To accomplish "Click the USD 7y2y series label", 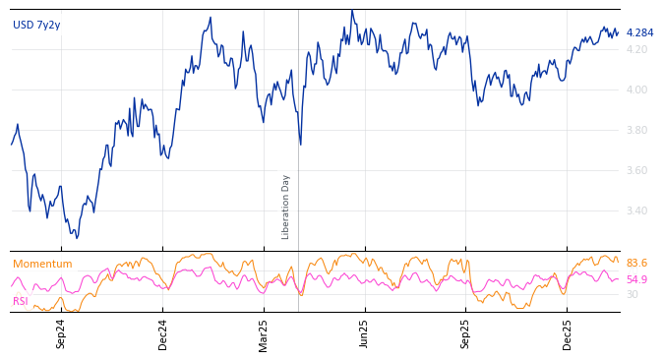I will (x=36, y=26).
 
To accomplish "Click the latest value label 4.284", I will (x=639, y=32).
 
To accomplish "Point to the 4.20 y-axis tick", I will (x=636, y=49).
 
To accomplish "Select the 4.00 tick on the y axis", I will (x=636, y=90).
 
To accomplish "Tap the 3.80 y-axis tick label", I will (x=636, y=130).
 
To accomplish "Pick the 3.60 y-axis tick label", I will (x=636, y=170).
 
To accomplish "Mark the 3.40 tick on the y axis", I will (x=636, y=210).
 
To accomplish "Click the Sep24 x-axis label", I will (x=61, y=333).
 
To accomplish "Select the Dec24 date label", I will (x=163, y=333).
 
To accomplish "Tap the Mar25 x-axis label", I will (x=264, y=333).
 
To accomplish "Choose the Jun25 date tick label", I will (x=365, y=333).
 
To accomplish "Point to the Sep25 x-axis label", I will (x=466, y=333).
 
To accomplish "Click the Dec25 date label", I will (x=568, y=333).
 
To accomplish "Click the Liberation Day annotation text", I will (x=286, y=207).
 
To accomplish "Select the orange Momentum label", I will (x=42, y=264).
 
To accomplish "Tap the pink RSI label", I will (x=21, y=301).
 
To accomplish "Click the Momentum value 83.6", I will (x=636, y=264).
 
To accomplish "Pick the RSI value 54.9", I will (x=636, y=279).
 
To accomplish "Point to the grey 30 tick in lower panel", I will (x=632, y=294).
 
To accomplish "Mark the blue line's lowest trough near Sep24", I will (x=77, y=237).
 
